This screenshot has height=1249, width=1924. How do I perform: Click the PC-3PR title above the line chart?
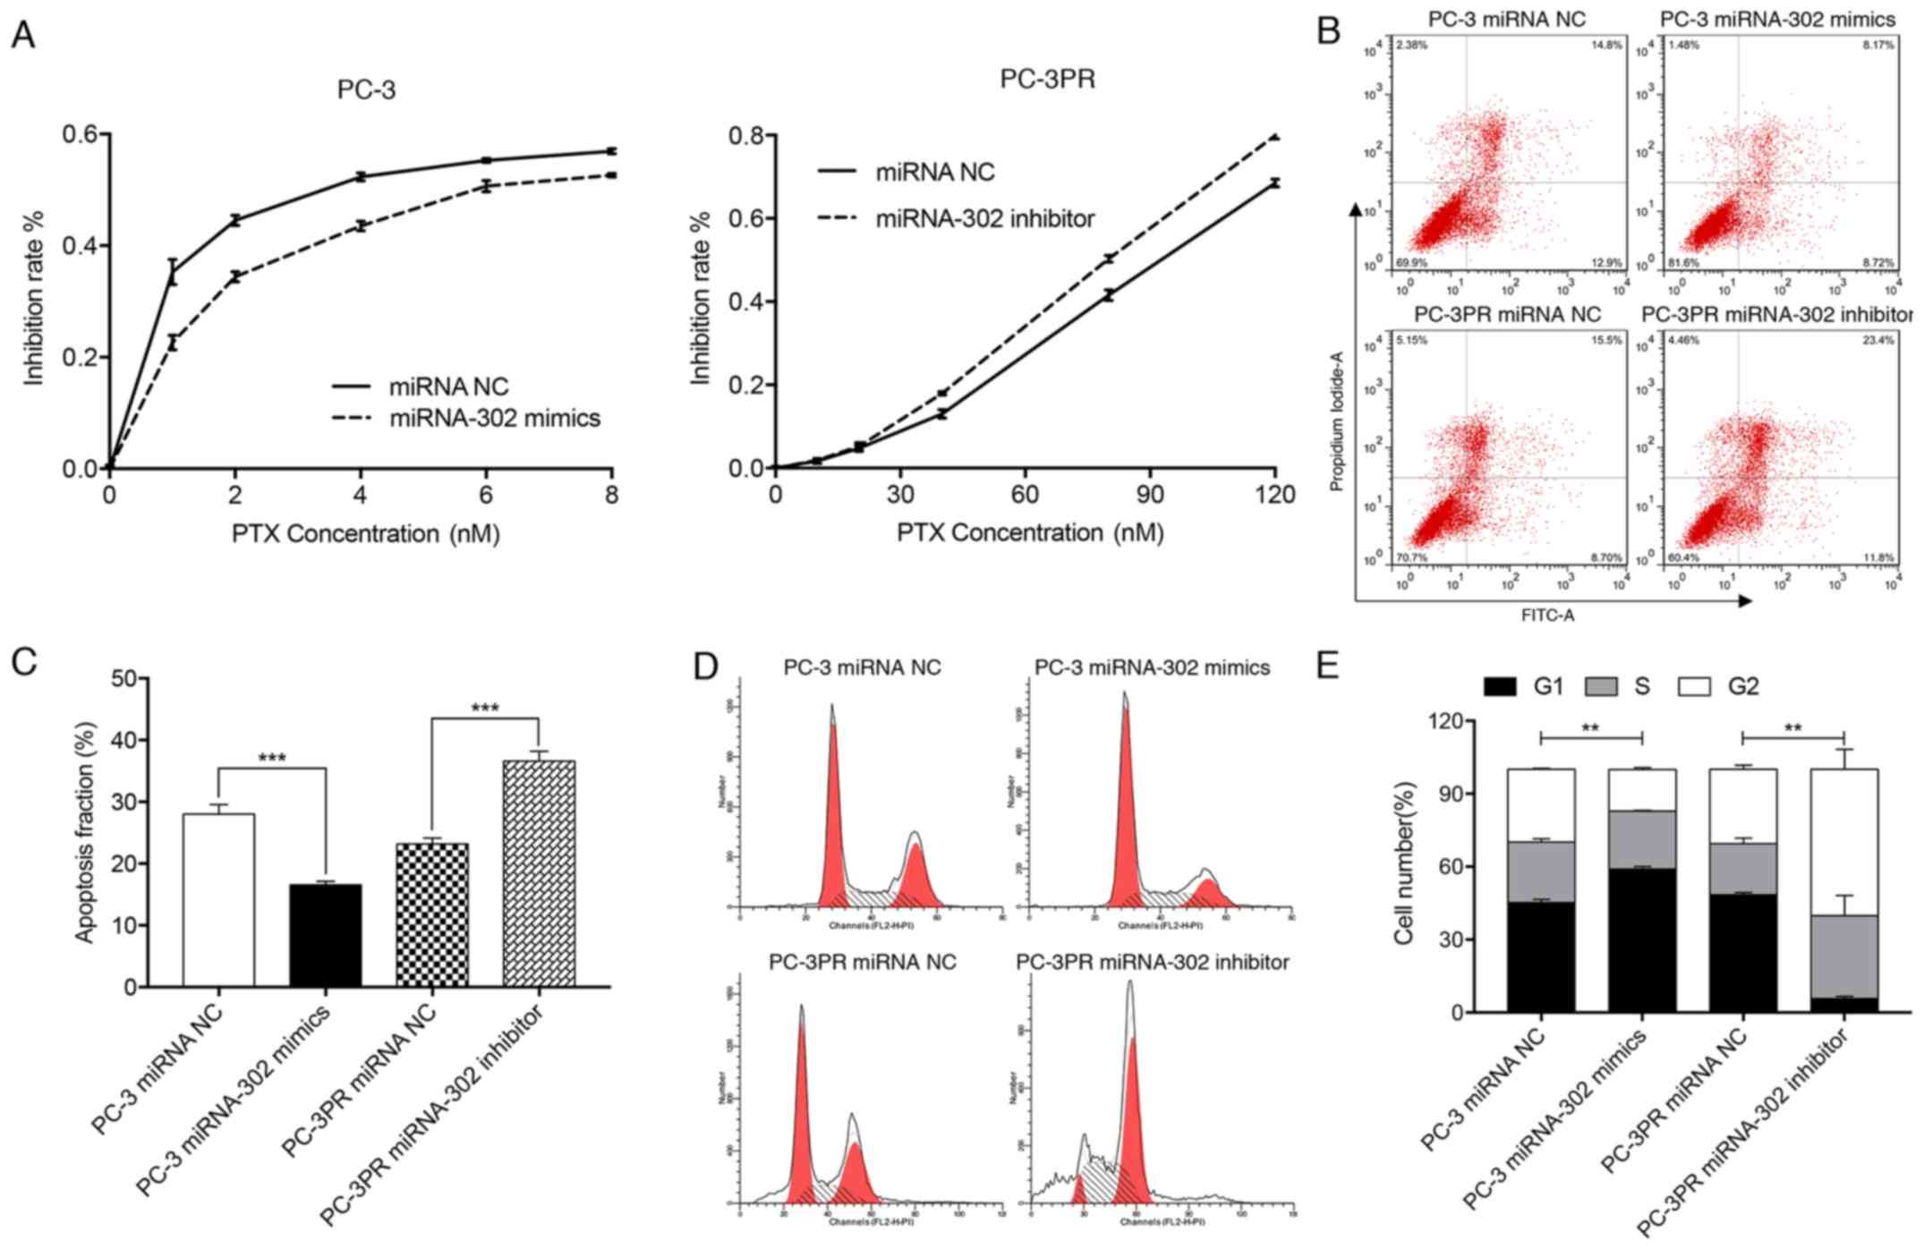click(1047, 81)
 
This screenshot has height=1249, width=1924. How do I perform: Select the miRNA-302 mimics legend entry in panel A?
click(494, 418)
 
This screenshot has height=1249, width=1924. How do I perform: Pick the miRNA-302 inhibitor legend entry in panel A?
click(984, 217)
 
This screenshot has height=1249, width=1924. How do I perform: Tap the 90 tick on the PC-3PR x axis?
click(1150, 494)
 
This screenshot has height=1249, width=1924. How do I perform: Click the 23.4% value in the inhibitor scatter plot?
click(1878, 341)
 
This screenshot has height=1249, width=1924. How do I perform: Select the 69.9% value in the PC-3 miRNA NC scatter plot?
click(1411, 262)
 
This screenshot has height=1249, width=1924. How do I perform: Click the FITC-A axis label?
click(1547, 616)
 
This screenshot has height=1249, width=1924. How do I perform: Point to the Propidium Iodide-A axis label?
click(1338, 421)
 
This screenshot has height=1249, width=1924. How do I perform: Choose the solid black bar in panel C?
click(325, 935)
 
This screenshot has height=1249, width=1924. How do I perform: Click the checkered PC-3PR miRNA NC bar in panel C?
click(432, 914)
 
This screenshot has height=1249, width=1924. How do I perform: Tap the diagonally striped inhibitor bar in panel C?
click(539, 873)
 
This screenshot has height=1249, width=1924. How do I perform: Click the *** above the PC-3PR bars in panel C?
click(485, 709)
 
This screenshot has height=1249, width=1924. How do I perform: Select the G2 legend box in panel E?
click(1690, 687)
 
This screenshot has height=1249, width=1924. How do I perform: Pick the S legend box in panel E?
click(1601, 687)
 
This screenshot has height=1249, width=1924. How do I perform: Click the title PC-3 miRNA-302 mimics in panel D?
click(1152, 667)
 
